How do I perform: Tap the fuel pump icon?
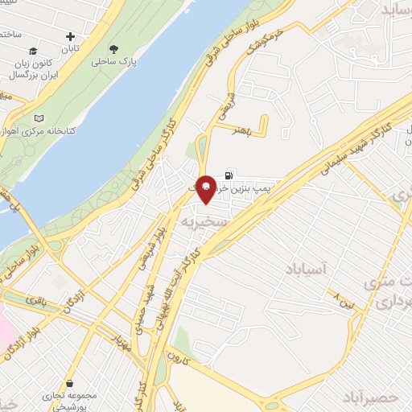(231, 174)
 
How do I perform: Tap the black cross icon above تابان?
(71, 36)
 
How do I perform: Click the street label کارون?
(178, 355)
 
